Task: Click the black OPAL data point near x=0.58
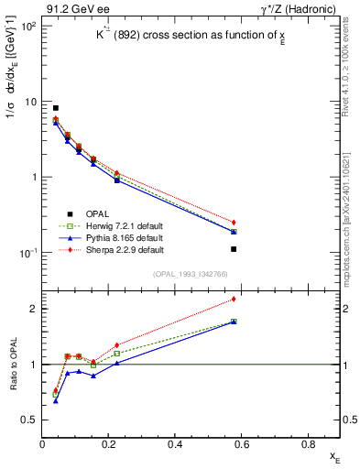pos(235,249)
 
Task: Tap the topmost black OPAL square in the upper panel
pos(56,108)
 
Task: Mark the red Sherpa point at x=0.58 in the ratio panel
pos(235,299)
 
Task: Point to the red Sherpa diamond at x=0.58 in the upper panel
pos(235,223)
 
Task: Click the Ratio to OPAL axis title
pos(12,366)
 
